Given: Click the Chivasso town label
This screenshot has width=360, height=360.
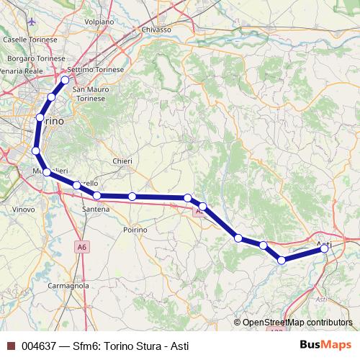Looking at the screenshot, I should [156, 30].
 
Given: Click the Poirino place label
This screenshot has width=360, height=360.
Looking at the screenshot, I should [135, 229].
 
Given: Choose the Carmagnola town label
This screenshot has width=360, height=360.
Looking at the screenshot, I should [68, 285].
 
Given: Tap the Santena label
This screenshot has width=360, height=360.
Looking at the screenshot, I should [96, 209].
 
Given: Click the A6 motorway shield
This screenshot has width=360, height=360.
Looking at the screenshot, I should [83, 247].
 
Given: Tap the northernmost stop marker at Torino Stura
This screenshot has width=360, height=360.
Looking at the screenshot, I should [65, 80].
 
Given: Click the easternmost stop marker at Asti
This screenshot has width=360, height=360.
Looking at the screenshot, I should [324, 248].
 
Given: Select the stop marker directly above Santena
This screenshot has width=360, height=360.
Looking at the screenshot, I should [96, 195].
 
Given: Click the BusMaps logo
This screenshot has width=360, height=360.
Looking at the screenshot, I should [328, 346].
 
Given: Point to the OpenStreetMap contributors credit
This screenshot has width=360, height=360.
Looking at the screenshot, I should [297, 323].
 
